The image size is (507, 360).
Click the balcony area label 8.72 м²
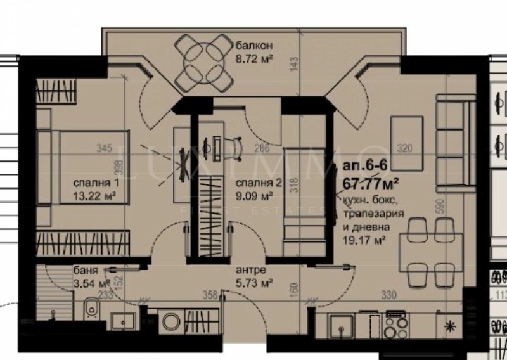[x=254, y=63]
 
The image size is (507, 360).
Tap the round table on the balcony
[x=202, y=61]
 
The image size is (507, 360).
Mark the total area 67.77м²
[x=370, y=184]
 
